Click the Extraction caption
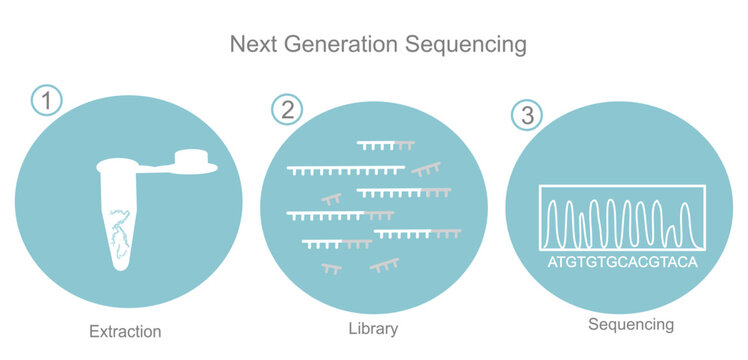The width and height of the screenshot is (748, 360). coord(125,331)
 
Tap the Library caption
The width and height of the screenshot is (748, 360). coord(373,329)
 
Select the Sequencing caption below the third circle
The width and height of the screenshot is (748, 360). coord(630,324)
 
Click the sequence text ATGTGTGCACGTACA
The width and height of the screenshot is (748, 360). coord(621,263)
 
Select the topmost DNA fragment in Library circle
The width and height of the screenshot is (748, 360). coord(385,145)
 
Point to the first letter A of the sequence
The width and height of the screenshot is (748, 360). coord(553,263)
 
